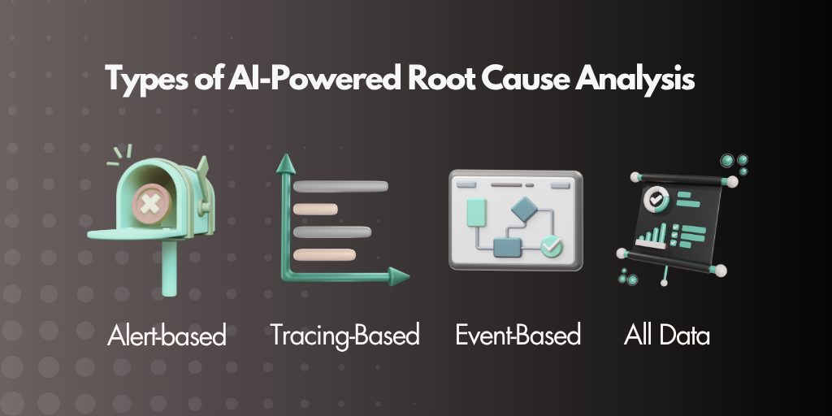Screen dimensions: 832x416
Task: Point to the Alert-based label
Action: pyautogui.click(x=167, y=336)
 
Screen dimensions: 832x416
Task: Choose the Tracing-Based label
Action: pyautogui.click(x=344, y=336)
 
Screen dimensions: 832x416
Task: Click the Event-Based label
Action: pyautogui.click(x=518, y=336)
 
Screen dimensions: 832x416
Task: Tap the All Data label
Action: pyautogui.click(x=666, y=336)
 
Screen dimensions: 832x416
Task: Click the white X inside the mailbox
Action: pyautogui.click(x=150, y=203)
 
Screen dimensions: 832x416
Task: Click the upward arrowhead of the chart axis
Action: pyautogui.click(x=286, y=163)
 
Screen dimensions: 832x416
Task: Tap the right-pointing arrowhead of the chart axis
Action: pyautogui.click(x=399, y=276)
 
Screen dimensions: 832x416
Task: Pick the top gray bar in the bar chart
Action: pyautogui.click(x=340, y=186)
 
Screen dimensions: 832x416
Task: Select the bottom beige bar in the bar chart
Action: pyautogui.click(x=324, y=254)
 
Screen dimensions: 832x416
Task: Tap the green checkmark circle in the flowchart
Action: pyautogui.click(x=552, y=245)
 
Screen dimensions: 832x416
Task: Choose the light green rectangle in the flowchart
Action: pyautogui.click(x=476, y=212)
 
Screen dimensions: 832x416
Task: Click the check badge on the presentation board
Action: pyautogui.click(x=652, y=200)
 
